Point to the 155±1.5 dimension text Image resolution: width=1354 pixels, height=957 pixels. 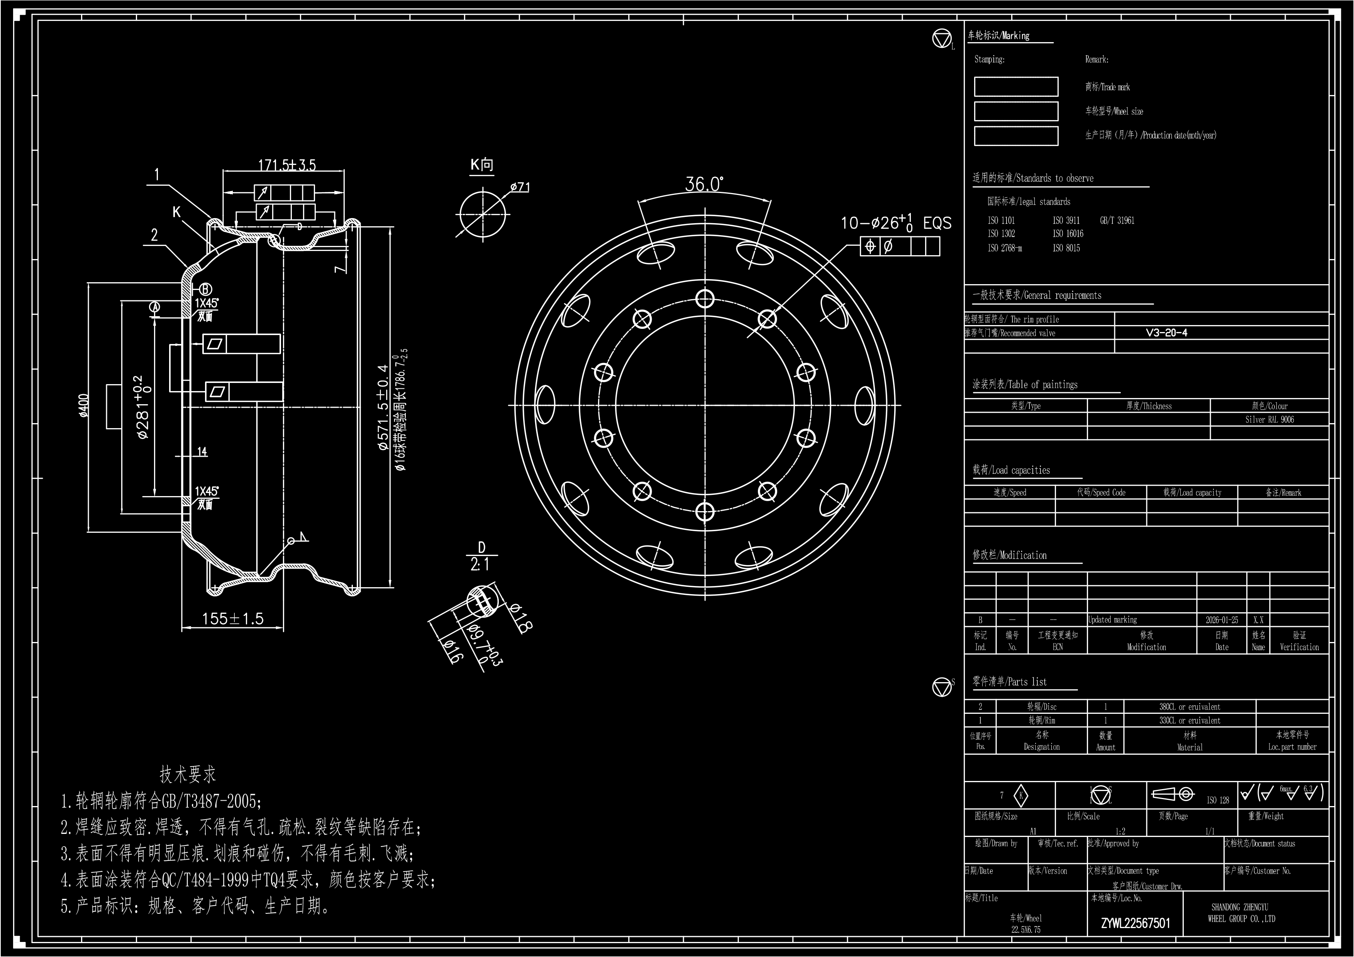[x=232, y=618]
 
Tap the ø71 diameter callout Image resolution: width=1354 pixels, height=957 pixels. [x=520, y=187]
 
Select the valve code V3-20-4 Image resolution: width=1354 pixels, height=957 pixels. [x=1166, y=332]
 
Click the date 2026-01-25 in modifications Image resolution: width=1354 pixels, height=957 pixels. [x=1221, y=620]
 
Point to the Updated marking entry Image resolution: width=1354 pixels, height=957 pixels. [x=1112, y=620]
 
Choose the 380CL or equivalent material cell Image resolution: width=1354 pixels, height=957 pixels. [x=1190, y=706]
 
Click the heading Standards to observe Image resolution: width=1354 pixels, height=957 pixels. [x=1033, y=178]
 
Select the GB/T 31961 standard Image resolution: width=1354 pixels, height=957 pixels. [x=1117, y=220]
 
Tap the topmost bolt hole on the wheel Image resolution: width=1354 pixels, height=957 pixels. [x=705, y=299]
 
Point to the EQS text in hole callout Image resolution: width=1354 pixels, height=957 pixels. [x=937, y=223]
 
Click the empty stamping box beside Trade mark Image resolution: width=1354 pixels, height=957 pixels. [x=1015, y=87]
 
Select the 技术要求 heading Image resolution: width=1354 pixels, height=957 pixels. [x=188, y=774]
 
